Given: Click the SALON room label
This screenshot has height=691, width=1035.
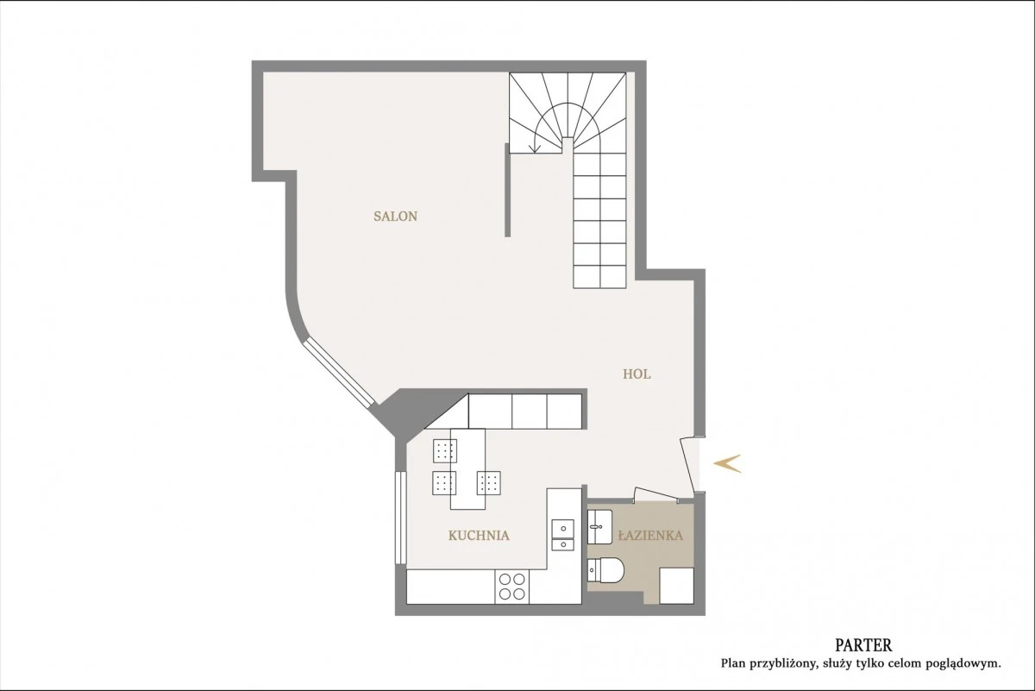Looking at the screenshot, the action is coord(396,217).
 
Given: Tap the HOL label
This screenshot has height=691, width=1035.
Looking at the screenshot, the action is coord(637,374).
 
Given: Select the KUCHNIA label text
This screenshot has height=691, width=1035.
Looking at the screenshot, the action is coord(479,536).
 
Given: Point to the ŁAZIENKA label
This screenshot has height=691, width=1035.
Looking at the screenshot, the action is coord(650,535).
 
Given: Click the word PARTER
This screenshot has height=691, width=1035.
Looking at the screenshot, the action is coord(863,644).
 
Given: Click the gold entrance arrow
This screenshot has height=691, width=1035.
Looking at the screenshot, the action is coord(727,463).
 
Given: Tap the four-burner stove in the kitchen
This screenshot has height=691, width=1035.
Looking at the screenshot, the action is coord(512,587).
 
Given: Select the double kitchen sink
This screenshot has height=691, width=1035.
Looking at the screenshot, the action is coord(562,535).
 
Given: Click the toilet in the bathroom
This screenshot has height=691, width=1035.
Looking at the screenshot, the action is coord(605,570).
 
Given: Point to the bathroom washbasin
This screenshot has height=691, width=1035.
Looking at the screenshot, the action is coord(599,527).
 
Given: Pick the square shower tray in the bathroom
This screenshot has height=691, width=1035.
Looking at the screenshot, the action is coord(676,586).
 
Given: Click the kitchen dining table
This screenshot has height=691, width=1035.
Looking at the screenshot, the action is coord(467,468).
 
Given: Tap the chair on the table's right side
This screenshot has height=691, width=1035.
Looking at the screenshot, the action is coord(489,483).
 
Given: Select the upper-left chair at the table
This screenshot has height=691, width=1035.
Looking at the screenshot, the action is coord(445,450).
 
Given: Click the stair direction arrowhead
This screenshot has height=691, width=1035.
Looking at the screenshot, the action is coord(535,149).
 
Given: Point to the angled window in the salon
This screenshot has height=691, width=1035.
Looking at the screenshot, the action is coord(338,374).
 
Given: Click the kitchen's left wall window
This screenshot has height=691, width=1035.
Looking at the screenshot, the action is coord(400,518).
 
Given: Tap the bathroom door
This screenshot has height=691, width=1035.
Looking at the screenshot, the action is coord(656,494).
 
